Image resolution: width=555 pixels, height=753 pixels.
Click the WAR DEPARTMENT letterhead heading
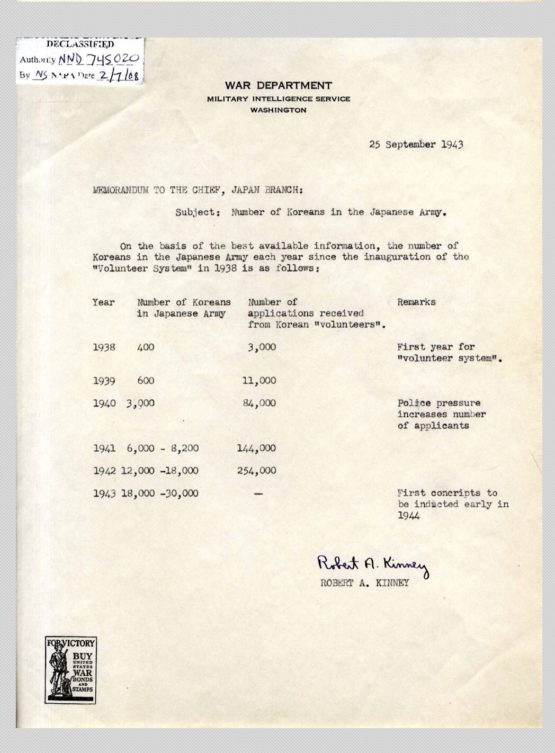pyautogui.click(x=278, y=85)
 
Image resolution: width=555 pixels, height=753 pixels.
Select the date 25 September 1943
pyautogui.click(x=416, y=144)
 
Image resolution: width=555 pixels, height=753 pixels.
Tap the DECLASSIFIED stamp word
pyautogui.click(x=79, y=44)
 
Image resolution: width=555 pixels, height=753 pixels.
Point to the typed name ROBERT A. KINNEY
pyautogui.click(x=364, y=584)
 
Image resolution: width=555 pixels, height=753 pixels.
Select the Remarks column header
pyautogui.click(x=416, y=302)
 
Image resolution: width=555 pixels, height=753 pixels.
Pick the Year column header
pyautogui.click(x=103, y=302)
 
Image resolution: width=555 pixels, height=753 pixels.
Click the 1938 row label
pyautogui.click(x=104, y=347)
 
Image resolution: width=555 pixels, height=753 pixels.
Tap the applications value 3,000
pyautogui.click(x=262, y=347)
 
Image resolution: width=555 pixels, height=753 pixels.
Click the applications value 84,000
pyautogui.click(x=259, y=403)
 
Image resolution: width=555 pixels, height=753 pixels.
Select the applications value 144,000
pyautogui.click(x=256, y=448)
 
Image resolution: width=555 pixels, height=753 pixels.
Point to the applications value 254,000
pyautogui.click(x=256, y=470)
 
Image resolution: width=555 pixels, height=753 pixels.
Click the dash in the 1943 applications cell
pyautogui.click(x=258, y=493)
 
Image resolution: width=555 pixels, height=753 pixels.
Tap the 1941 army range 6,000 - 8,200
pyautogui.click(x=163, y=448)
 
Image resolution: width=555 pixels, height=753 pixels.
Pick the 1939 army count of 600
pyautogui.click(x=146, y=380)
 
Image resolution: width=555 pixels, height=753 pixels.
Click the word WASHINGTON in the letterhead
pyautogui.click(x=279, y=110)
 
